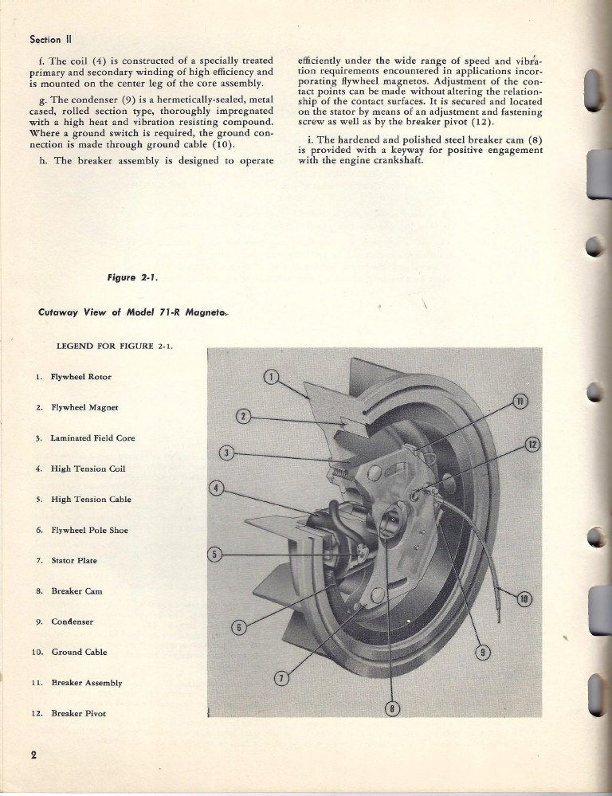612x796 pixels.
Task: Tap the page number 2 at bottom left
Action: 34,756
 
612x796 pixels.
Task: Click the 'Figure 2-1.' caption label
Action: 132,277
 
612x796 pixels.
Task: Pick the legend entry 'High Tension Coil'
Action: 88,469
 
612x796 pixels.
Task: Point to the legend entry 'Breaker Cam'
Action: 76,591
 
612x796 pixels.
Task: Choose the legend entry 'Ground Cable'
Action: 78,652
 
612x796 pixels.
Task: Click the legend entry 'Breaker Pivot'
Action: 78,713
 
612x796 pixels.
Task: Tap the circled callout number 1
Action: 271,377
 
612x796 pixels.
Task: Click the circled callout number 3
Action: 226,453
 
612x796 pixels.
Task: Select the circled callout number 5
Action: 213,554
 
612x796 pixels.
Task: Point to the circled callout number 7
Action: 280,679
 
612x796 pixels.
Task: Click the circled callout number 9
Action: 481,654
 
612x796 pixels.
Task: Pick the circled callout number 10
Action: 525,600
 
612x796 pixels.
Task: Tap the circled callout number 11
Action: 520,401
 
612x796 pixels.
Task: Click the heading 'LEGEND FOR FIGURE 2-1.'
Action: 114,346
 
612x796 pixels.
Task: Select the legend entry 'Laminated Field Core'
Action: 92,438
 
